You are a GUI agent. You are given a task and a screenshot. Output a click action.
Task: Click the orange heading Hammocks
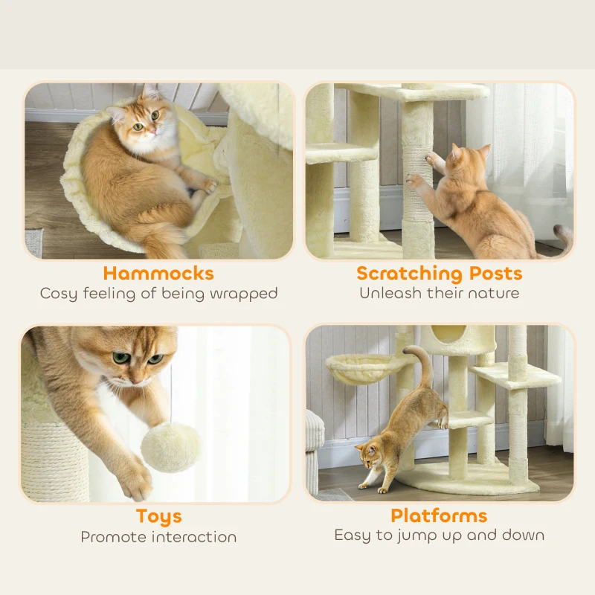(158, 273)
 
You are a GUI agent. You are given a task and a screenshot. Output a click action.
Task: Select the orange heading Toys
(158, 516)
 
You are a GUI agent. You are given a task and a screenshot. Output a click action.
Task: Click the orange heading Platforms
(439, 515)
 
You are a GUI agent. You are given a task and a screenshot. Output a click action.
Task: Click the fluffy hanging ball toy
(170, 447)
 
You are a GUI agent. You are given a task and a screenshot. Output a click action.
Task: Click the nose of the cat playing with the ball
(137, 377)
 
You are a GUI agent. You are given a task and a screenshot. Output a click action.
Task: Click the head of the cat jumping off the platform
(370, 456)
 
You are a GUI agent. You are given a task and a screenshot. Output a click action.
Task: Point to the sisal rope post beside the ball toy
(53, 461)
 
